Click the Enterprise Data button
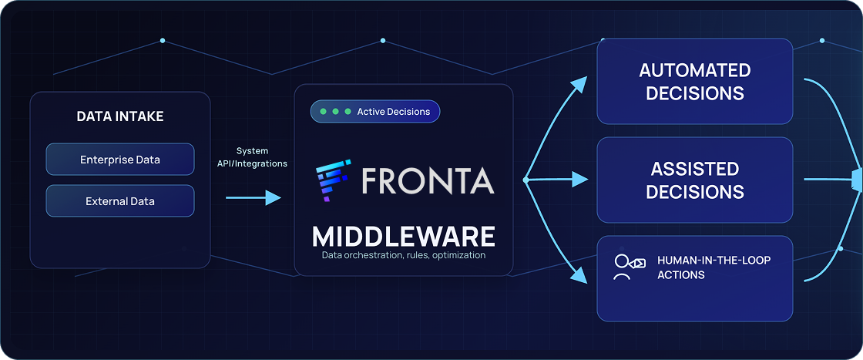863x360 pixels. (x=120, y=160)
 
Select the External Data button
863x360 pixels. (x=120, y=201)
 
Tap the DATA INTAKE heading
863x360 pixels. (x=120, y=116)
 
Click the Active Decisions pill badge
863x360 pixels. (x=375, y=112)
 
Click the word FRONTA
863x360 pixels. (x=428, y=180)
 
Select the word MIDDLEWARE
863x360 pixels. (x=404, y=236)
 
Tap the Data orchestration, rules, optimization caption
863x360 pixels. (x=404, y=255)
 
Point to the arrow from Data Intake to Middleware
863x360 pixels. (x=254, y=198)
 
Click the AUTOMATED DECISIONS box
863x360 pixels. (x=695, y=82)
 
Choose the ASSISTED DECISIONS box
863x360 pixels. (x=695, y=180)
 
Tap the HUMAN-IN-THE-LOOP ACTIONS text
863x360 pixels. (x=714, y=267)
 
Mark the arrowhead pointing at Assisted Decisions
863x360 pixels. (x=579, y=180)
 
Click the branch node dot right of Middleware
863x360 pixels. (x=526, y=180)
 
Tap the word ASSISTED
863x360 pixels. (x=695, y=169)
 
